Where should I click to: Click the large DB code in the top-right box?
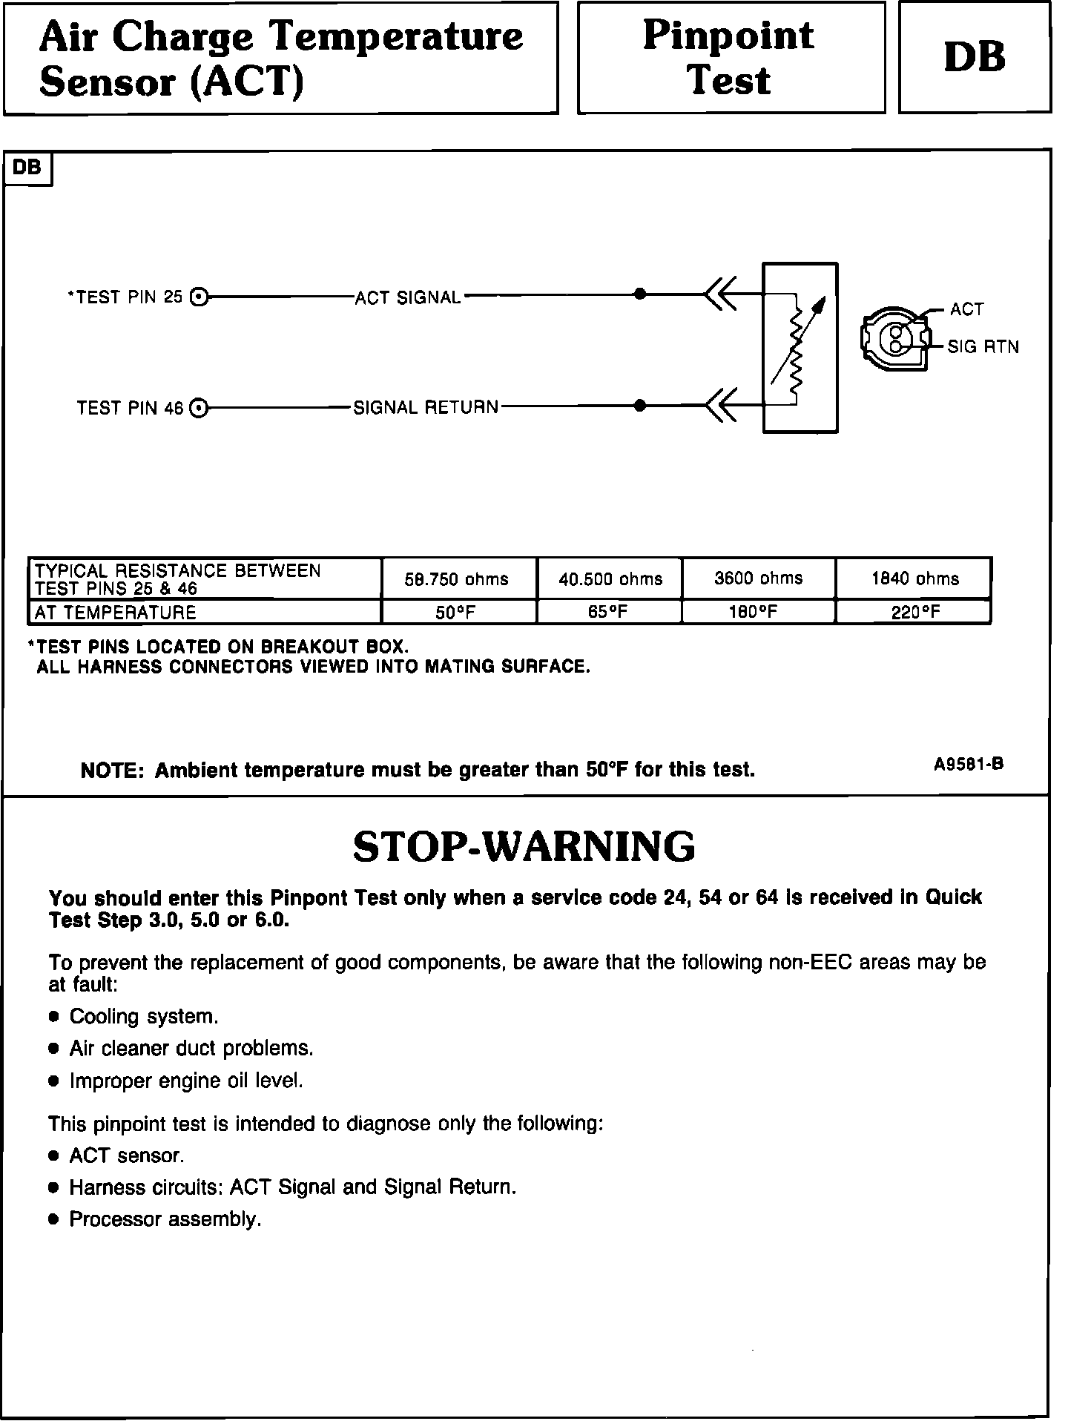coord(975,57)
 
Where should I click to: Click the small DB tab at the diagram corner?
coord(27,168)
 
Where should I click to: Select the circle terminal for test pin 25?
coord(199,297)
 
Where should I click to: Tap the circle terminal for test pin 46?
coord(199,408)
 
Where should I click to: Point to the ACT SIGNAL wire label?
coord(408,298)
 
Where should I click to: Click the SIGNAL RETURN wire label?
coord(426,408)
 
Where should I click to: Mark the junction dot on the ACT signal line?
coord(640,294)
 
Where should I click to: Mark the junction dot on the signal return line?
coord(640,406)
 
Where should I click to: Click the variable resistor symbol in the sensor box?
coord(797,347)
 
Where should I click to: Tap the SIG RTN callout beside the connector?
coord(983,347)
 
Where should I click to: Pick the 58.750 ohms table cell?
coord(457,579)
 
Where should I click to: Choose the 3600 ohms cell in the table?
coord(758,578)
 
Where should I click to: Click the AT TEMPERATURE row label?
coord(116,613)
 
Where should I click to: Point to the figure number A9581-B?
coord(969,765)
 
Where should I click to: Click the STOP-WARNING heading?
coord(524,847)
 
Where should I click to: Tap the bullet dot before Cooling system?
coord(53,1017)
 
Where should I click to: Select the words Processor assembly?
coord(165,1220)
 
